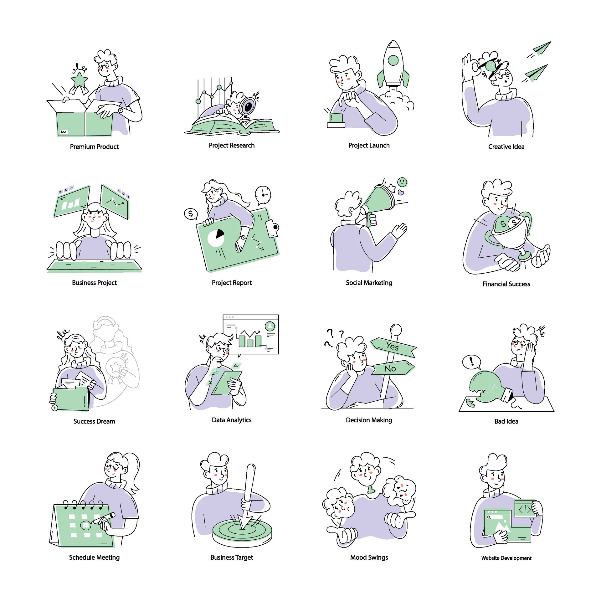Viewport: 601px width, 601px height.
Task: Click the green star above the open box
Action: pyautogui.click(x=79, y=80)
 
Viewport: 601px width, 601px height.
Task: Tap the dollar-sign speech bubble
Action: pyautogui.click(x=190, y=214)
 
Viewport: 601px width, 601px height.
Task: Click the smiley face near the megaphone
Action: pyautogui.click(x=402, y=182)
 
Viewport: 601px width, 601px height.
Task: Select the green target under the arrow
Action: pyautogui.click(x=242, y=530)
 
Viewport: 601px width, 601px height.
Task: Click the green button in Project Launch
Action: pyautogui.click(x=336, y=118)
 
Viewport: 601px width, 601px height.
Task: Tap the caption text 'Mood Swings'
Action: pyautogui.click(x=369, y=557)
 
